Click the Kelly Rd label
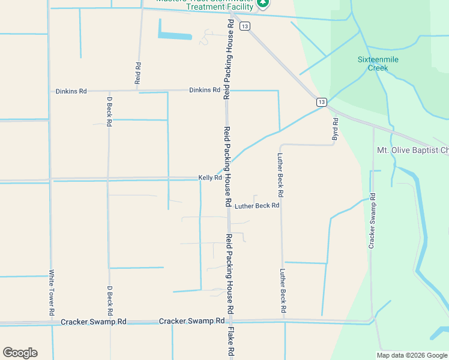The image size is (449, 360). pos(210,178)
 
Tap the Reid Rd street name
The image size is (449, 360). pos(138,73)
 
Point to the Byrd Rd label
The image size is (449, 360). pos(336,130)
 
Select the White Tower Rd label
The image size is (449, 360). pos(51,292)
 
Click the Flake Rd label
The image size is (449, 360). pos(230,344)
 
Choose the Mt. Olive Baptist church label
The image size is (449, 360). pos(412,150)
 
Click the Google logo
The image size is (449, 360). pos(20,353)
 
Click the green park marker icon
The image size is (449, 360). pos(262,4)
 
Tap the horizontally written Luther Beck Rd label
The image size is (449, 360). pos(257,206)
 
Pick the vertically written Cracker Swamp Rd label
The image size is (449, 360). pos(372,221)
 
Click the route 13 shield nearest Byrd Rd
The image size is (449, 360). pos(322,102)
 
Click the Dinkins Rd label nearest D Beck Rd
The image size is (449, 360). pos(71,91)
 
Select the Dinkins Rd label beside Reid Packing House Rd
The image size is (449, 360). pos(204,90)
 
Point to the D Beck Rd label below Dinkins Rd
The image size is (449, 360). pos(109,111)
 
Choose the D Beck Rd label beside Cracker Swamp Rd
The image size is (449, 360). pos(110,301)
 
